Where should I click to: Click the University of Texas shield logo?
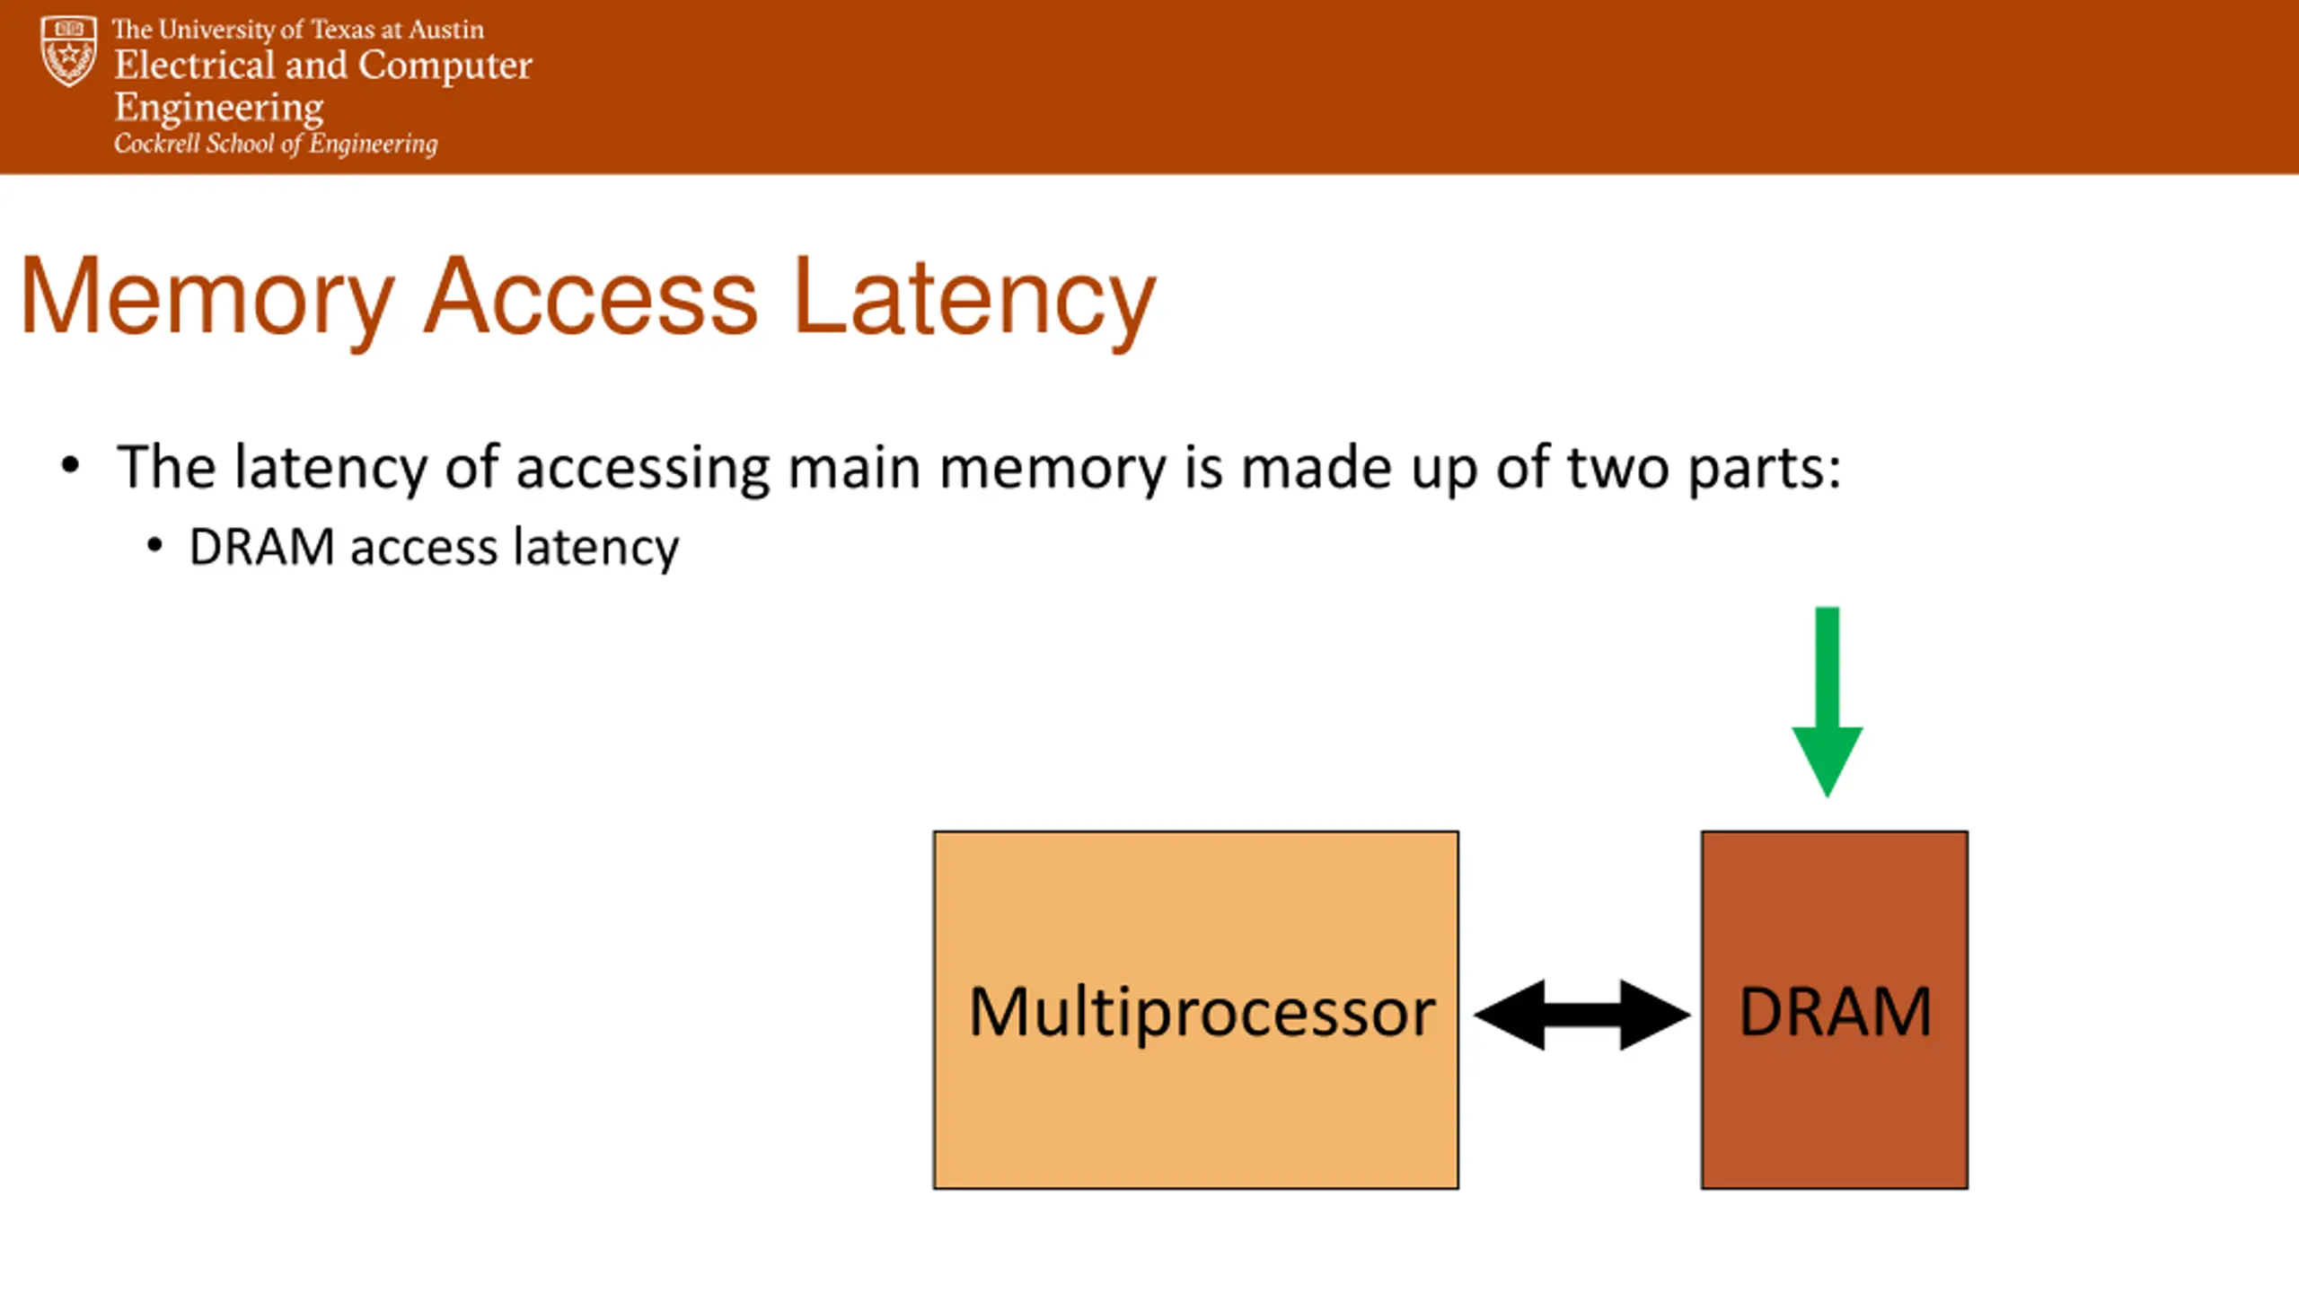[68, 51]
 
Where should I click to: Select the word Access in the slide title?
[591, 296]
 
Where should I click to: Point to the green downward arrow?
[1827, 701]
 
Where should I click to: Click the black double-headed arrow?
[1582, 1015]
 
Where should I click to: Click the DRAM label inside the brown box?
[1835, 1012]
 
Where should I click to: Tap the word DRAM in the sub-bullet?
[262, 547]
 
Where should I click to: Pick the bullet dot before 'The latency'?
[70, 465]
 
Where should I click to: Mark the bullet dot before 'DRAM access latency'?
[154, 545]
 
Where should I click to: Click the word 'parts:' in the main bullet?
[1765, 470]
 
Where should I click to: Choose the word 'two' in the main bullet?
[1618, 468]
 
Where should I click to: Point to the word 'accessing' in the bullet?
[643, 470]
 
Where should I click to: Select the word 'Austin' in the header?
[446, 30]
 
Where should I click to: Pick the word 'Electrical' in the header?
[195, 65]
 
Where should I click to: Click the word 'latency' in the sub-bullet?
[596, 549]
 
